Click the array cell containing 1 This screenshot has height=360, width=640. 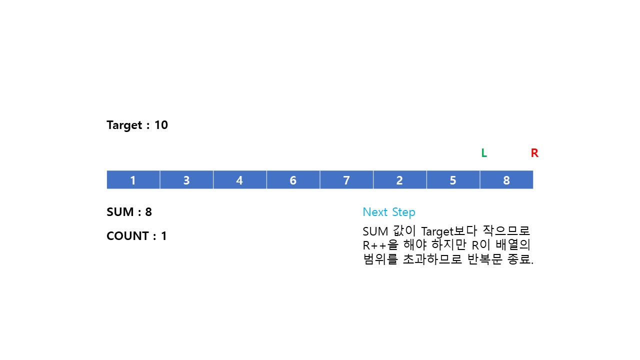(x=133, y=180)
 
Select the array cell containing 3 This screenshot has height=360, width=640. (x=186, y=180)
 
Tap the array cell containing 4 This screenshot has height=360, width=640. (x=239, y=180)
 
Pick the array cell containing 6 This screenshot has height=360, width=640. (x=293, y=180)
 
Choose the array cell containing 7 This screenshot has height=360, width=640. (x=346, y=180)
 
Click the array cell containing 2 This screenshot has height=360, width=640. (x=399, y=180)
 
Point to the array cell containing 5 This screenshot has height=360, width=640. (x=453, y=180)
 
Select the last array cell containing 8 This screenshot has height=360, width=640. (x=506, y=180)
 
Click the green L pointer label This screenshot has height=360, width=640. (x=484, y=153)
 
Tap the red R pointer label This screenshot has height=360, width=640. (x=534, y=153)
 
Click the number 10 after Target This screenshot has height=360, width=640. (x=161, y=125)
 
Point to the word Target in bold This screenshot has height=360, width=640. (x=124, y=125)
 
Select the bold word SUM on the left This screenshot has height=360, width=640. (x=120, y=212)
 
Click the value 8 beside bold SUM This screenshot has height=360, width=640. (x=148, y=212)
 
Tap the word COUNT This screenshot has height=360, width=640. (x=128, y=236)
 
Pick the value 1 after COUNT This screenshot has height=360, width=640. (x=163, y=236)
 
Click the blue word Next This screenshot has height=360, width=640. (x=375, y=212)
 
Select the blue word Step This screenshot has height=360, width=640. (x=403, y=212)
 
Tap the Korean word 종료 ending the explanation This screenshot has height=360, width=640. (x=519, y=260)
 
